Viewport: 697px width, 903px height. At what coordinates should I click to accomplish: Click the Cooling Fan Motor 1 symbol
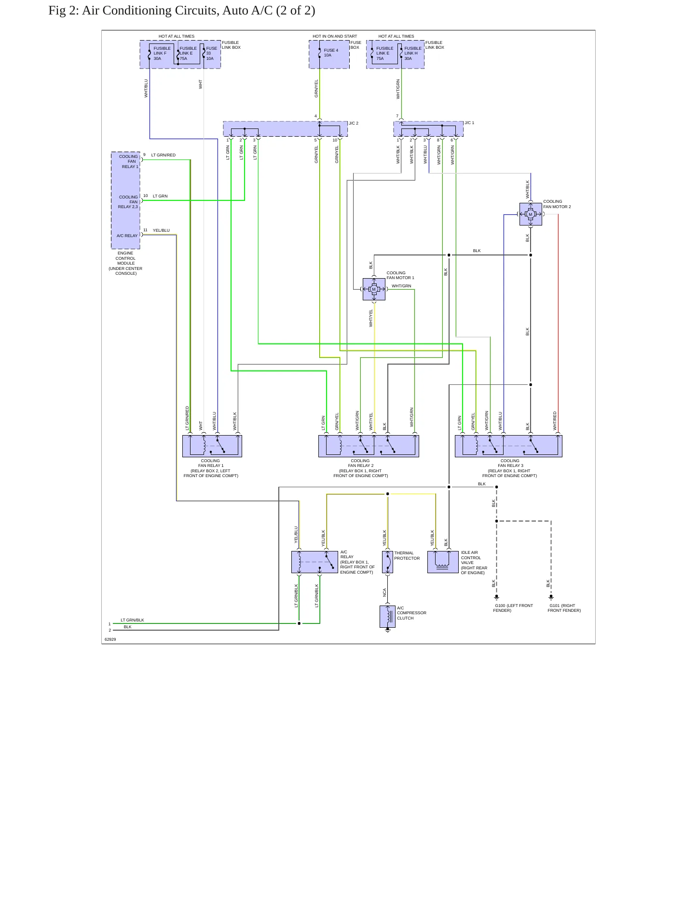click(x=374, y=289)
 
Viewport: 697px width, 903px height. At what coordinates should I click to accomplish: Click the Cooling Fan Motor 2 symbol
click(x=531, y=214)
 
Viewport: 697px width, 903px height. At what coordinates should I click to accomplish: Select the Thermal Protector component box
click(x=387, y=562)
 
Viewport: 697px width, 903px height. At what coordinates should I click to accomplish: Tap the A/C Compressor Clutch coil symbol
click(x=387, y=617)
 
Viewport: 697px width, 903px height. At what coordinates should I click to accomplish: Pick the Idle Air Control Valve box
click(x=443, y=562)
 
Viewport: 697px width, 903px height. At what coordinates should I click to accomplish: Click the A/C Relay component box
click(x=314, y=562)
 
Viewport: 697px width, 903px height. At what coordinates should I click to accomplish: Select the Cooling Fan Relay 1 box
click(x=212, y=446)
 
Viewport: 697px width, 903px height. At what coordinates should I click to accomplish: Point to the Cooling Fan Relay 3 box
click(x=508, y=446)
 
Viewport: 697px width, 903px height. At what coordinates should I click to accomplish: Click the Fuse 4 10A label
click(x=331, y=53)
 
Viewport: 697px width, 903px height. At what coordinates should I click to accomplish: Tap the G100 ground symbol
click(x=497, y=597)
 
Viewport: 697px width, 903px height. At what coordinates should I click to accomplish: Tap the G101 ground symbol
click(x=551, y=597)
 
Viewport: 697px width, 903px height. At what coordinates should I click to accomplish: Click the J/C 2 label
click(x=354, y=123)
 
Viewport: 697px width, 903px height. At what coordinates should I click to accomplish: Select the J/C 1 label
click(x=469, y=123)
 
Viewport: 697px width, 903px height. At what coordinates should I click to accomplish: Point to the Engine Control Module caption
click(x=125, y=263)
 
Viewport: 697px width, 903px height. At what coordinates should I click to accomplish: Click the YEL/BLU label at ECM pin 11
click(x=161, y=230)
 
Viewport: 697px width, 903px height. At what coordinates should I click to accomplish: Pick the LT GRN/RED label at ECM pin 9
click(x=164, y=155)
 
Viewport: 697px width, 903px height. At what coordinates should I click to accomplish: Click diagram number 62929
click(x=110, y=639)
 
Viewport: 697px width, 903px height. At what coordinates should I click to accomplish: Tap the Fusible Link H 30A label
click(x=412, y=53)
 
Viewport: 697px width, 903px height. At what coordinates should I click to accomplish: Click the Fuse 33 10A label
click(x=211, y=53)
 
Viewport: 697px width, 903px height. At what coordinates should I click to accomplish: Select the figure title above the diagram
click(x=182, y=11)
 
